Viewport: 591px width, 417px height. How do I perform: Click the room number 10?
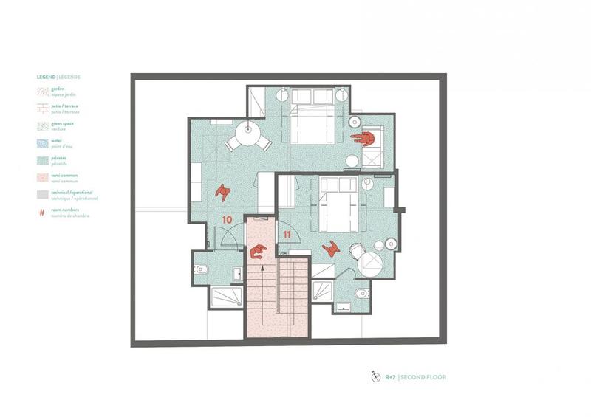[227, 220]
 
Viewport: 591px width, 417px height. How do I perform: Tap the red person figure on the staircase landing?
[258, 252]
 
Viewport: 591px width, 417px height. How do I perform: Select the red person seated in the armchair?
[363, 138]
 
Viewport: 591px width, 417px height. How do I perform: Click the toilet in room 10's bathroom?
[201, 269]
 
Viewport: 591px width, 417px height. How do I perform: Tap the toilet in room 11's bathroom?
[361, 294]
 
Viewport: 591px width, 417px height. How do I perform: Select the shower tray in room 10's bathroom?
[225, 297]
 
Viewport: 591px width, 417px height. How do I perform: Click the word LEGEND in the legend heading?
[47, 76]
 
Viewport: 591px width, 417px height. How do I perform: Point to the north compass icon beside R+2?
[375, 376]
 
